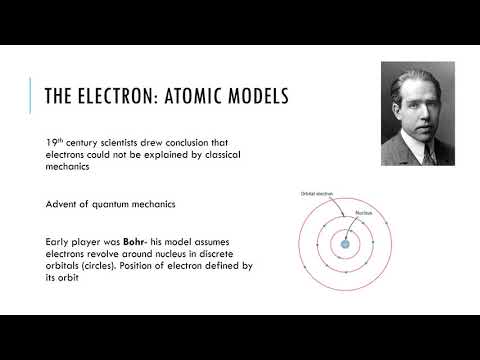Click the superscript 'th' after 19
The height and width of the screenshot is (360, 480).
coord(63,140)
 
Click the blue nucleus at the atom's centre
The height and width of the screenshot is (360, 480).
coord(344,244)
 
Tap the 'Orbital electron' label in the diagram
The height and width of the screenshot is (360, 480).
coord(317,193)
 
